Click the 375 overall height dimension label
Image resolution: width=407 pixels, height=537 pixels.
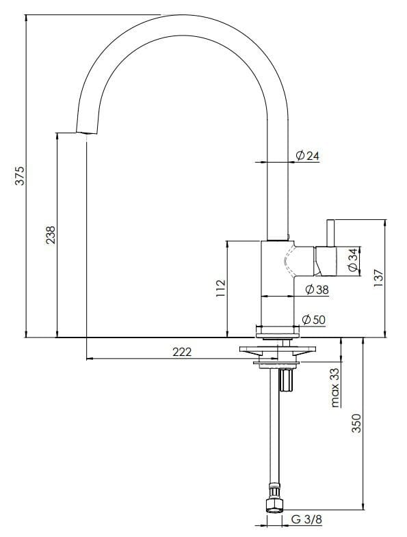coord(21,176)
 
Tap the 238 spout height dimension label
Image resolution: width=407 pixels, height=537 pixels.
coord(51,234)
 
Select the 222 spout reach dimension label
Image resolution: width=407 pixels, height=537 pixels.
coord(182,352)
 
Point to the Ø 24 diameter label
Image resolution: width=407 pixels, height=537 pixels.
coord(307,156)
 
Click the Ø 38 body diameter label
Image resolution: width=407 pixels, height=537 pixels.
coord(317,290)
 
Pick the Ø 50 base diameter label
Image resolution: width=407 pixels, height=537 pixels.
coord(313,320)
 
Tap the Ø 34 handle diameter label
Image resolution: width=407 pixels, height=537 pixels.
coord(353,260)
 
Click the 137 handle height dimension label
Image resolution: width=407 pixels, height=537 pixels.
coord(378,278)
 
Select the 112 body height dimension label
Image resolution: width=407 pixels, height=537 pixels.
coord(220,288)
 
